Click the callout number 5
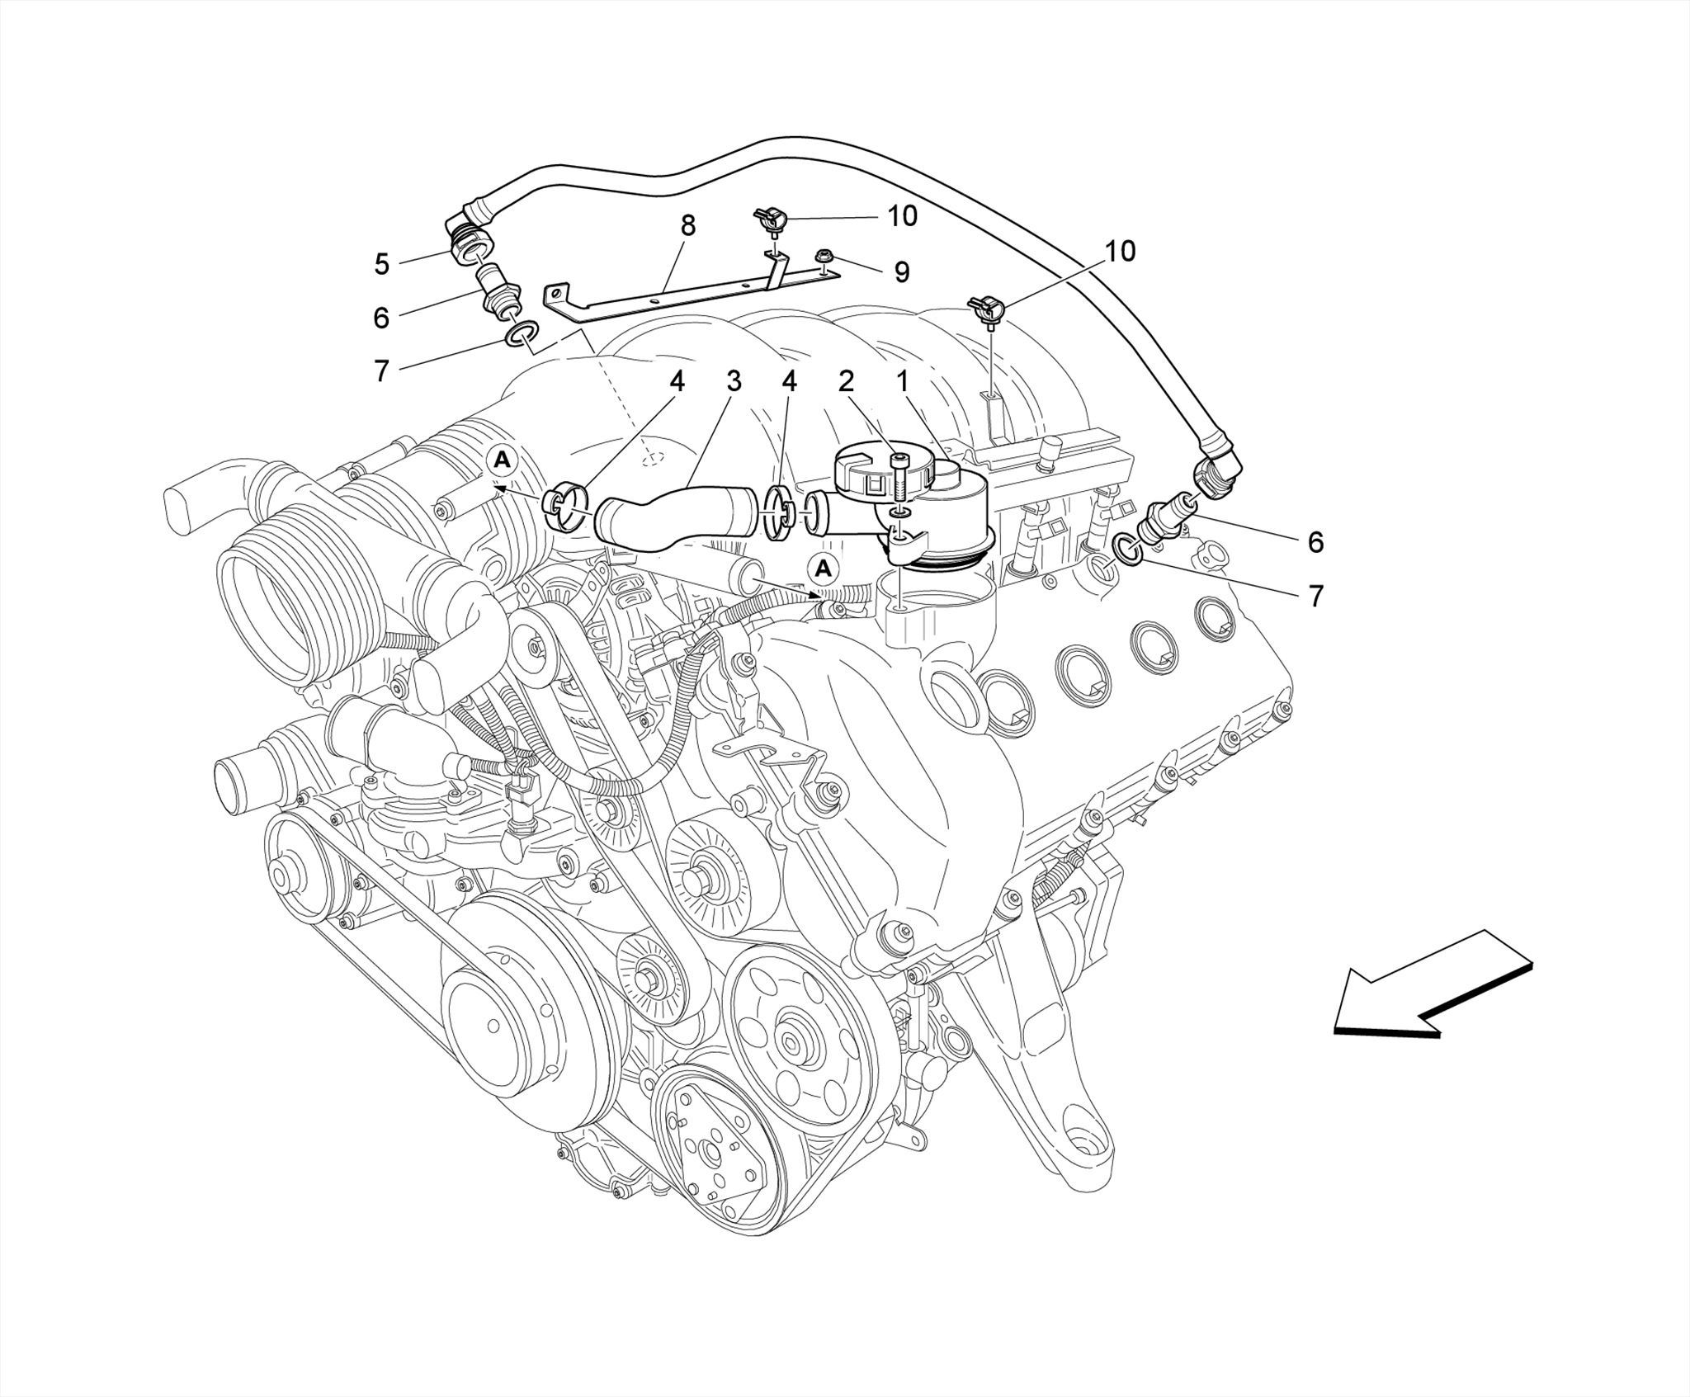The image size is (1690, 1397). click(x=381, y=264)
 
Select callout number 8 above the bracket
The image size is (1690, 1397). click(x=687, y=225)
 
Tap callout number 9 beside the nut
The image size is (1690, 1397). click(x=902, y=271)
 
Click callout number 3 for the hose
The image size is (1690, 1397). click(x=734, y=381)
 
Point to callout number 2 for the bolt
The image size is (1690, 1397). click(x=846, y=381)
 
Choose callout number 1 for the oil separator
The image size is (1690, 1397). click(x=903, y=381)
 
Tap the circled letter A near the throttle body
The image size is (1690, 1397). click(x=502, y=460)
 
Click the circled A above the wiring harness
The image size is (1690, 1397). click(x=823, y=568)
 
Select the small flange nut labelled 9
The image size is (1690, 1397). click(x=824, y=258)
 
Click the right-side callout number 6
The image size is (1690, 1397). click(x=1315, y=542)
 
